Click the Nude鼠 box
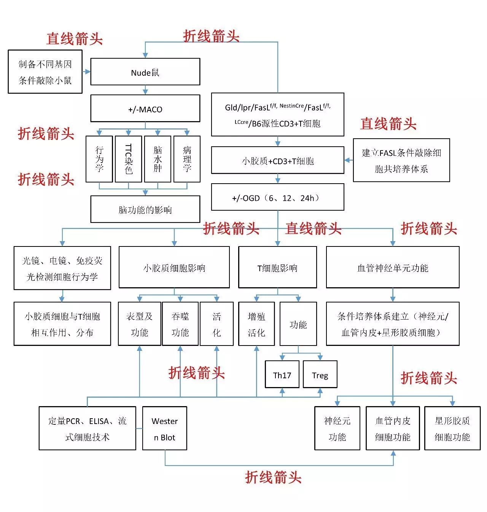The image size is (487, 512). click(x=145, y=72)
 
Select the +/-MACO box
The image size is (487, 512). click(x=145, y=108)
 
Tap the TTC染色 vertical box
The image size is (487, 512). click(x=129, y=159)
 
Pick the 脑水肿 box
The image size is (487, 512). click(x=158, y=159)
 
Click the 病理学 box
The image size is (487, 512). click(x=187, y=159)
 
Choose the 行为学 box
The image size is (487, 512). click(x=99, y=159)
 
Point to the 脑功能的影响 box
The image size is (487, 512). click(x=145, y=209)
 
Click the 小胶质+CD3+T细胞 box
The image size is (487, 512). click(x=278, y=160)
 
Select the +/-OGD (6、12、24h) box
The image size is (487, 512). click(x=278, y=197)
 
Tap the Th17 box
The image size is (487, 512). click(x=282, y=374)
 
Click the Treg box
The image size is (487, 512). click(x=320, y=374)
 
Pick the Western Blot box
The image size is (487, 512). click(x=165, y=428)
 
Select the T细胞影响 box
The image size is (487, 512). click(x=278, y=267)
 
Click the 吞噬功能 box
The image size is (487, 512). click(x=180, y=324)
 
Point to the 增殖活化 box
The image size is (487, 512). click(x=256, y=324)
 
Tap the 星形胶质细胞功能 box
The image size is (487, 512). click(x=452, y=428)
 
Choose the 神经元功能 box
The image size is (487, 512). click(x=337, y=428)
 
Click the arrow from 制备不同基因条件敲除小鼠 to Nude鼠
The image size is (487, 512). click(x=86, y=72)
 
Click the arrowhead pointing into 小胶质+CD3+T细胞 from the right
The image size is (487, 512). click(x=347, y=160)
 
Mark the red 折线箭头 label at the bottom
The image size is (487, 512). click(x=273, y=477)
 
